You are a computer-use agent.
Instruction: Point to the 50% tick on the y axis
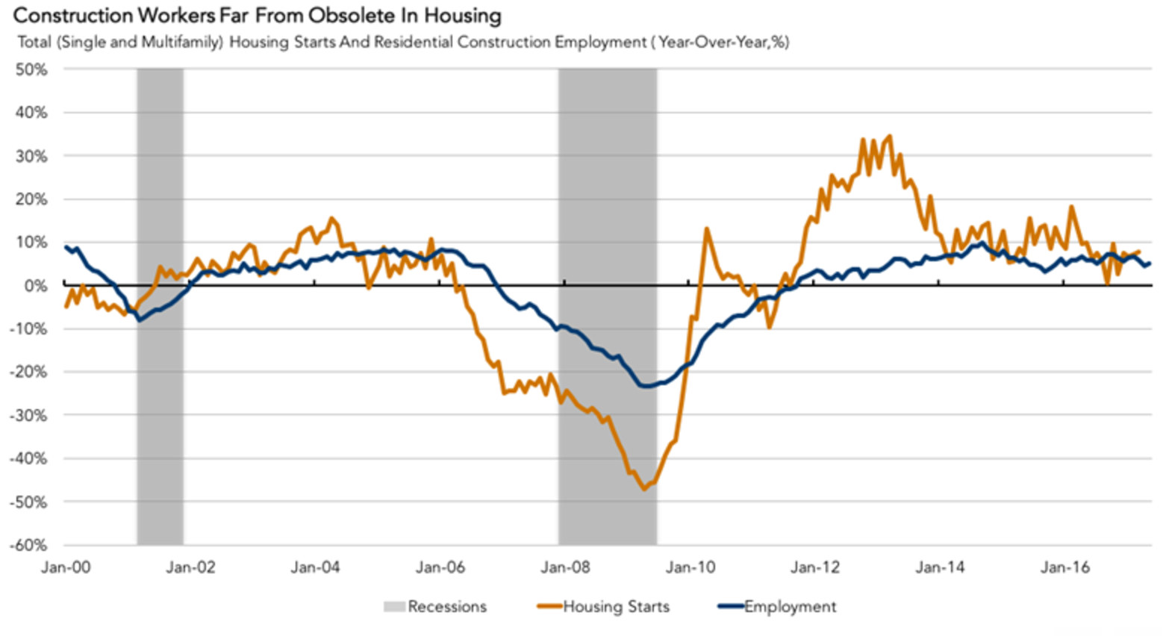click(31, 69)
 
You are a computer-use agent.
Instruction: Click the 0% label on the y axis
click(35, 285)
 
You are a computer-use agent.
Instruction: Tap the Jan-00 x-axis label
click(66, 567)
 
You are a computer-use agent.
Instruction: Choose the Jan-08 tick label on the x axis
click(565, 567)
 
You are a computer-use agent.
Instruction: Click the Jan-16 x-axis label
click(1065, 567)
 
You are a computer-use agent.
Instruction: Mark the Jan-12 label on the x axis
click(815, 567)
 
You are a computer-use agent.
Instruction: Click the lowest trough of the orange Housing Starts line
click(644, 489)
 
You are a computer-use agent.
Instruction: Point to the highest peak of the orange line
click(889, 136)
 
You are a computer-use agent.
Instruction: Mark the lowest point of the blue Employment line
click(643, 386)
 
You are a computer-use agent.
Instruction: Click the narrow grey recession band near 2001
click(160, 418)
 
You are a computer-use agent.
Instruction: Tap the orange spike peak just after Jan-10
click(706, 229)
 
